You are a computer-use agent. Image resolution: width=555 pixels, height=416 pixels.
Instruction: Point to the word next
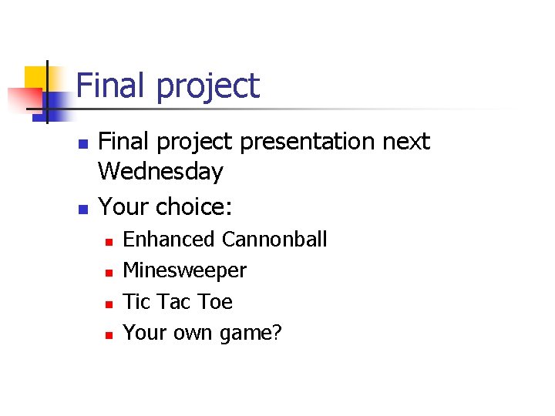pyautogui.click(x=404, y=143)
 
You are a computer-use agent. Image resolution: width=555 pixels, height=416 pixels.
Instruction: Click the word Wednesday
pyautogui.click(x=161, y=172)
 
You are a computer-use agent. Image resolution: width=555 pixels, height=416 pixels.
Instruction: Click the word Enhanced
pyautogui.click(x=169, y=240)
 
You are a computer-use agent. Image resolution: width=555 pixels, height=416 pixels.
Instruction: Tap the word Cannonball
pyautogui.click(x=274, y=240)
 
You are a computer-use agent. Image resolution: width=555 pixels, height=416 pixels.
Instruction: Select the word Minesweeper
pyautogui.click(x=185, y=270)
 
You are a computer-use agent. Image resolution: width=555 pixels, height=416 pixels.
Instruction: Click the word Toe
pyautogui.click(x=215, y=301)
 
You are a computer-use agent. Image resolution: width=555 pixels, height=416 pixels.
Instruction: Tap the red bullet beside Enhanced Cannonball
pyautogui.click(x=109, y=241)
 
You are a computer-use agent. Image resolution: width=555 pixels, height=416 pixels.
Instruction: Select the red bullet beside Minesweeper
pyautogui.click(x=109, y=272)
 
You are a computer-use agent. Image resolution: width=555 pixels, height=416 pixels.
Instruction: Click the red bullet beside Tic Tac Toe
pyautogui.click(x=109, y=303)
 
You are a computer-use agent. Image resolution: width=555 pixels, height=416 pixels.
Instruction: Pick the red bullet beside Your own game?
pyautogui.click(x=109, y=334)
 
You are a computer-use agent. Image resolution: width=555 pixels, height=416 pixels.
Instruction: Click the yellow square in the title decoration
pyautogui.click(x=36, y=78)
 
